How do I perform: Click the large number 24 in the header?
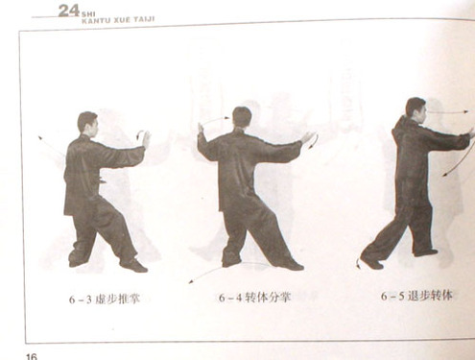point(69,11)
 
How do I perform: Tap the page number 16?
point(32,356)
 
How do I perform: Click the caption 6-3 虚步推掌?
point(105,300)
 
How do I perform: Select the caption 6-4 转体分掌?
point(254,298)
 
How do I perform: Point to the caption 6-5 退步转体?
point(416,296)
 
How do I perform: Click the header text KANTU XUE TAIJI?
point(118,20)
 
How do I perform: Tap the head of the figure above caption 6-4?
point(242,118)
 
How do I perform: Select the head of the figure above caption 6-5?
point(416,109)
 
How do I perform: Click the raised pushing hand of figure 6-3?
point(146,139)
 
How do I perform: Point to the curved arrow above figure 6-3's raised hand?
point(139,134)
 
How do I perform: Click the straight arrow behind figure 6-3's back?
point(51,146)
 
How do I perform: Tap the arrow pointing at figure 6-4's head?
point(214,120)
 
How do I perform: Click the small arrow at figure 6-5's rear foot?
point(358,263)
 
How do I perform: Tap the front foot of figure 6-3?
point(134,265)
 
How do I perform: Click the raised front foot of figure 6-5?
point(425,252)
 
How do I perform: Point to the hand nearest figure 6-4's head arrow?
point(201,129)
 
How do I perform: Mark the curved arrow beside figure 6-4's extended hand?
point(315,142)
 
